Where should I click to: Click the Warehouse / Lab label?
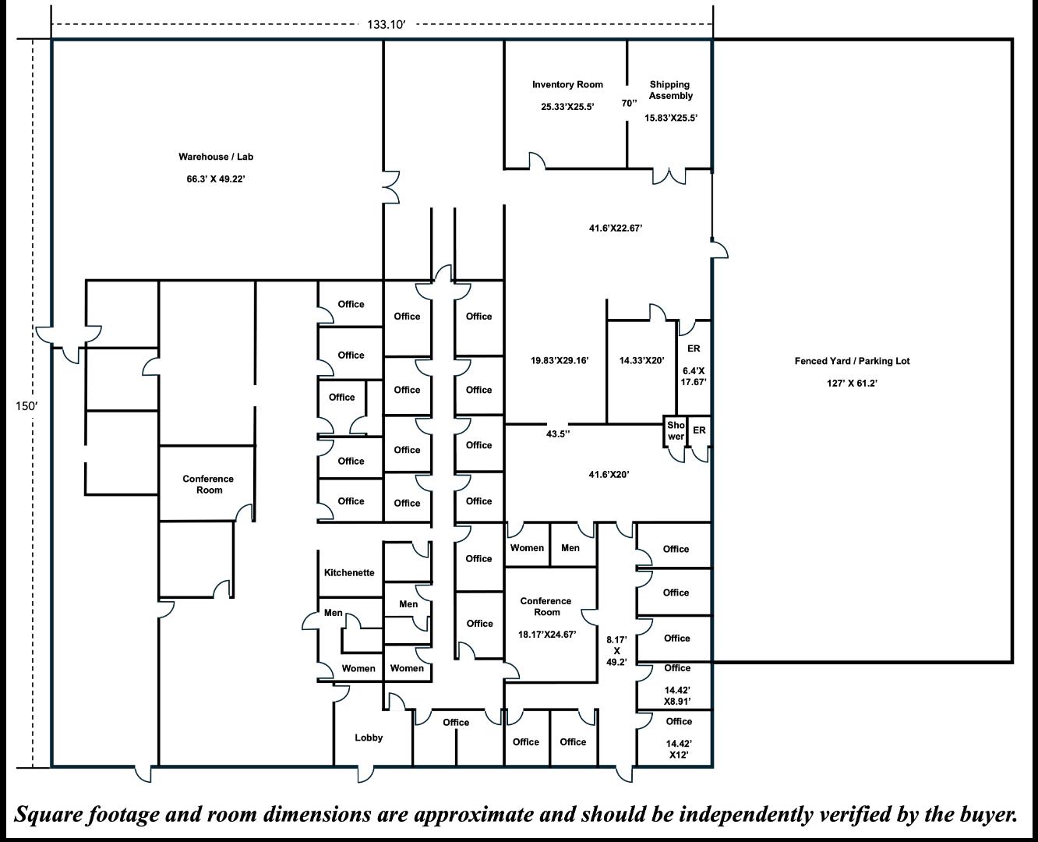(216, 157)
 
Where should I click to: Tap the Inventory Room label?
(567, 84)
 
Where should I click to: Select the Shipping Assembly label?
(670, 90)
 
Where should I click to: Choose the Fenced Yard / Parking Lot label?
(852, 361)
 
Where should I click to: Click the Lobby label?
(369, 738)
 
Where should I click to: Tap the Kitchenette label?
(349, 572)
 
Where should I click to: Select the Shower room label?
(676, 430)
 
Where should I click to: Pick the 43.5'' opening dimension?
(557, 433)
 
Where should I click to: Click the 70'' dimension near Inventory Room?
(629, 103)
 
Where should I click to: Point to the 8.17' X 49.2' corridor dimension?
(616, 650)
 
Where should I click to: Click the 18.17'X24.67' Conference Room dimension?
(546, 635)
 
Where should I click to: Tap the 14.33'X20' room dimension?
(641, 360)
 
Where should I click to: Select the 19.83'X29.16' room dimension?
(559, 360)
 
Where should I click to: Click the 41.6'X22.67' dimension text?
(615, 228)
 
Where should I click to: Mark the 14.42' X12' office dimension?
(677, 749)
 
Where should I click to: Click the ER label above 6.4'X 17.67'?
(694, 348)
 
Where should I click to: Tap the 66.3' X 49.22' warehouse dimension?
(216, 179)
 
